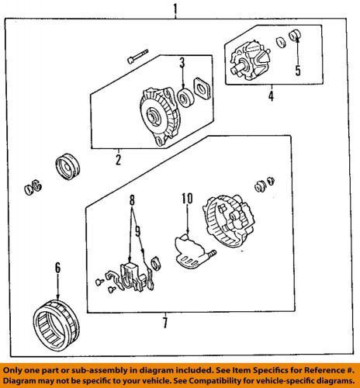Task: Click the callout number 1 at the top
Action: [x=176, y=9]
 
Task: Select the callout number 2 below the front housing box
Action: [x=118, y=160]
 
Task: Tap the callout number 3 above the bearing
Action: [x=182, y=63]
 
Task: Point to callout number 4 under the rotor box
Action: [x=271, y=96]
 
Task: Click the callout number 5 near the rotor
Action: [x=298, y=71]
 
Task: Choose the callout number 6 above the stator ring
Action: [x=57, y=268]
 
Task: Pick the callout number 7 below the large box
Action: [x=165, y=323]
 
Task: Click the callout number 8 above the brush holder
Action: [x=132, y=199]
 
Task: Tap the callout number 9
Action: [x=138, y=231]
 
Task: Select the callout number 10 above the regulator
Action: [x=187, y=199]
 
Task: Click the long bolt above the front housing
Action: [x=137, y=57]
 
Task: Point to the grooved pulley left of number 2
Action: [x=67, y=167]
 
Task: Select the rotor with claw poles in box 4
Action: [x=250, y=61]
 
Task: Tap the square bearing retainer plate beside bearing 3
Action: [x=202, y=88]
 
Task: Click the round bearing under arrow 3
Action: [x=186, y=98]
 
